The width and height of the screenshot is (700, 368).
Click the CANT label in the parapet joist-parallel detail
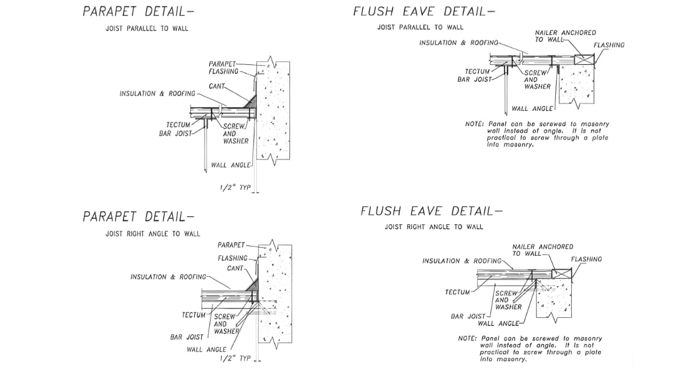(217, 86)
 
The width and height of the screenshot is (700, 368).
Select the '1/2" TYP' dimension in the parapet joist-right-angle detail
(235, 358)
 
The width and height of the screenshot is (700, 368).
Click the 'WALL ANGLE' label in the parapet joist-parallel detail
(235, 165)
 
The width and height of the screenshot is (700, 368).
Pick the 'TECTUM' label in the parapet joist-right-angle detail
(193, 315)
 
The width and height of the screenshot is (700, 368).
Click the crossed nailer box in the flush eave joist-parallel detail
(583, 59)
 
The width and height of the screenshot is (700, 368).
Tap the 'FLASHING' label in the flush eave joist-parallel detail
(608, 45)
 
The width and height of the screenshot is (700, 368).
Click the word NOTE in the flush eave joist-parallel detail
(473, 124)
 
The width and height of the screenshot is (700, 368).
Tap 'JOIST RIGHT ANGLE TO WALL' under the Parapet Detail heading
(152, 234)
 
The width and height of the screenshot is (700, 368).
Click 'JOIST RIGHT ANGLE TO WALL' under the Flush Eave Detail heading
(433, 227)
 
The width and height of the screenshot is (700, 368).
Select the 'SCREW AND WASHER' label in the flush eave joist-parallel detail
(537, 80)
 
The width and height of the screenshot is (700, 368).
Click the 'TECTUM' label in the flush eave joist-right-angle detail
(457, 292)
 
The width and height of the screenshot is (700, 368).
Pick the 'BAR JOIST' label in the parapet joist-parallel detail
(176, 134)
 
